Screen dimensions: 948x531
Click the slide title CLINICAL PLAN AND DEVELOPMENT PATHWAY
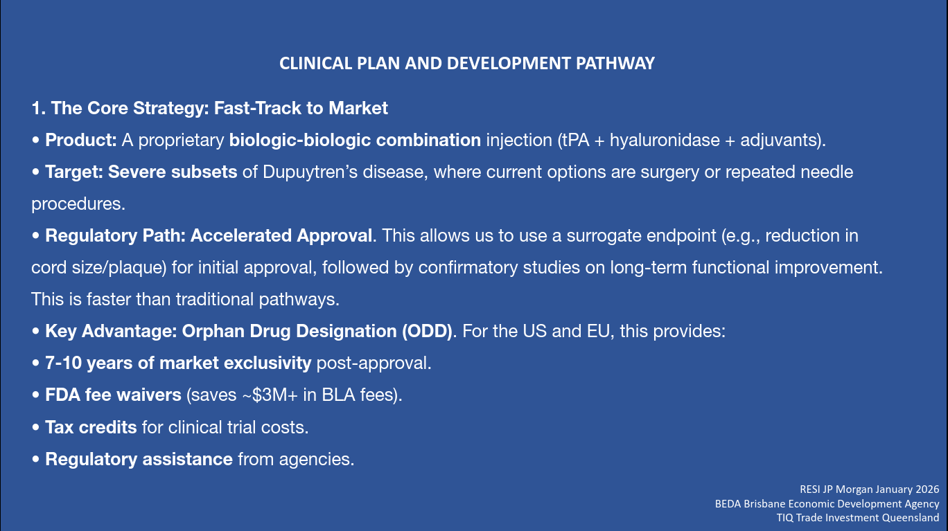(467, 64)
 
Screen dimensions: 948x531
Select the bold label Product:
(81, 140)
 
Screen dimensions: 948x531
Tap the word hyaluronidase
(665, 140)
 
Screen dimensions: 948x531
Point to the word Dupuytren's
(310, 172)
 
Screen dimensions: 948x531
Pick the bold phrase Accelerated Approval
(281, 235)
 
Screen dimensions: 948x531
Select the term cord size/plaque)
(99, 268)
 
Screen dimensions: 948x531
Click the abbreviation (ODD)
(427, 331)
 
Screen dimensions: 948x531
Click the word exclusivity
(267, 363)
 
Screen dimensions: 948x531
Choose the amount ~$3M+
(270, 395)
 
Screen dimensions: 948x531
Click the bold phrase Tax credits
(91, 427)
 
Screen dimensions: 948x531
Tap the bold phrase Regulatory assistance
(139, 459)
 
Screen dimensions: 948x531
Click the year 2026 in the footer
(927, 489)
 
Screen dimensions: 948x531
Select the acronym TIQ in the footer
(784, 518)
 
